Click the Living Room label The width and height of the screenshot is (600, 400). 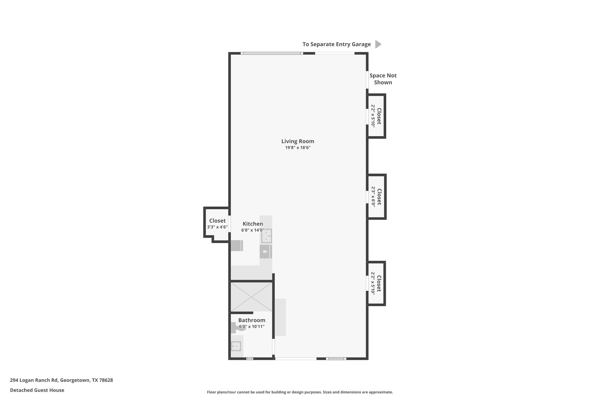(298, 141)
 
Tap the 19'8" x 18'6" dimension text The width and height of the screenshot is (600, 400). (298, 148)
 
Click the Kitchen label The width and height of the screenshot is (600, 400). (253, 224)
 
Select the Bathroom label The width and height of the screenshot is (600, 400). (252, 320)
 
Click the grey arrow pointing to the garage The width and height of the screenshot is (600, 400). (378, 44)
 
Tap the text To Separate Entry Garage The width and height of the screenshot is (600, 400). (336, 44)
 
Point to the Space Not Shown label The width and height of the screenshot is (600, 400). (383, 79)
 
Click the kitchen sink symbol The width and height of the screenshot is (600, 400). (266, 236)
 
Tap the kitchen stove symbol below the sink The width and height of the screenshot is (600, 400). (265, 251)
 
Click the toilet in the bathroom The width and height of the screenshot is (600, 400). (238, 327)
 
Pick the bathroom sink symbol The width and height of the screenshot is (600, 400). (236, 346)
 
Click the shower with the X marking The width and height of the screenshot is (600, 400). (251, 297)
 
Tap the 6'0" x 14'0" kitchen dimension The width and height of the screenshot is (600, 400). (253, 230)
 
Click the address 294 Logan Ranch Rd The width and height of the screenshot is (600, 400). (61, 380)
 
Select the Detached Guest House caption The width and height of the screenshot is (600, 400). (37, 390)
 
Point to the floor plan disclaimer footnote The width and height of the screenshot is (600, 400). (300, 392)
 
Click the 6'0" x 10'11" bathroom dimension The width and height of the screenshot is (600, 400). (252, 326)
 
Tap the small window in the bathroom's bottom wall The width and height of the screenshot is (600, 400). (250, 359)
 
